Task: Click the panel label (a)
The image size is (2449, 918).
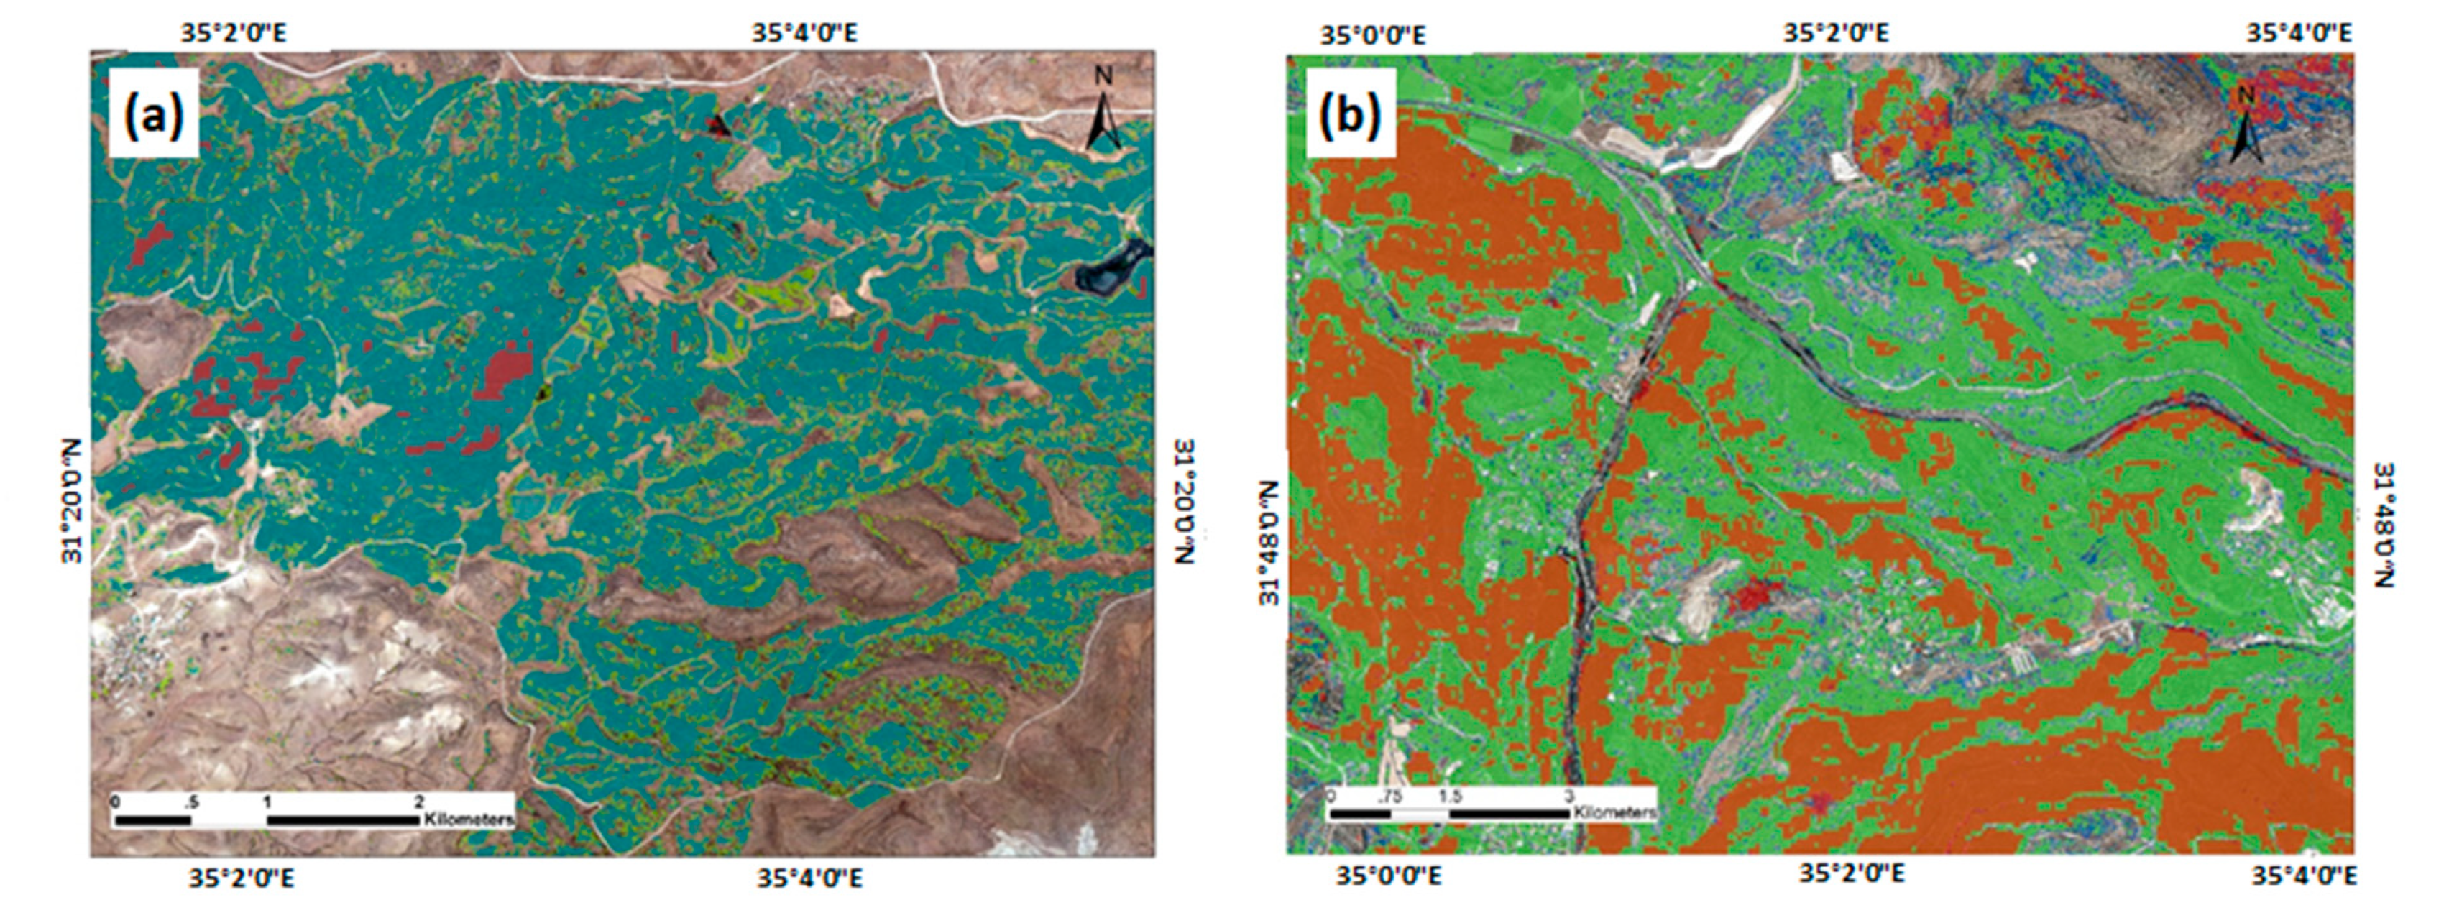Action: point(152,113)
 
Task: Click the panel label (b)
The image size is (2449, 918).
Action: point(1350,113)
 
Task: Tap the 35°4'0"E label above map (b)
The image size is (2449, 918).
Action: point(2298,33)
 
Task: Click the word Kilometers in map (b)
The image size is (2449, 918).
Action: point(1614,812)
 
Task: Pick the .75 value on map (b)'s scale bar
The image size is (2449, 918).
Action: point(1388,797)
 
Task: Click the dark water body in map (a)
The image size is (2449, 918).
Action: point(1108,271)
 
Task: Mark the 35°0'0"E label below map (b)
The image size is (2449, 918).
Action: point(1388,874)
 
